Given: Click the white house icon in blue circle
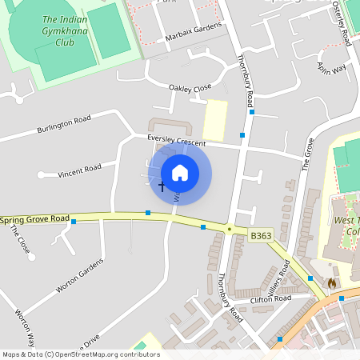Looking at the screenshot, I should coord(180,172).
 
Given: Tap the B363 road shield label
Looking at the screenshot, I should coord(261,236).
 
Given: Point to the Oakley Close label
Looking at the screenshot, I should coord(190,87).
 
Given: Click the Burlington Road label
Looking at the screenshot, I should coord(64,125).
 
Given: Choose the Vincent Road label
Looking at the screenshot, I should coord(80,169).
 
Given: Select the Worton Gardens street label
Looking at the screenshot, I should coord(80,276).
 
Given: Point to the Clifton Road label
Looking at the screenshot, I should coord(272,299).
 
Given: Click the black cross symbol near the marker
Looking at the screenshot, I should coord(162,186).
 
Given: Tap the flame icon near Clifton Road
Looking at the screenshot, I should coord(331,283).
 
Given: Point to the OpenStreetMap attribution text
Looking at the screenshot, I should coord(80,354).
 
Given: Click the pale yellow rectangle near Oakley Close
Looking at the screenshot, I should coord(214,120).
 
